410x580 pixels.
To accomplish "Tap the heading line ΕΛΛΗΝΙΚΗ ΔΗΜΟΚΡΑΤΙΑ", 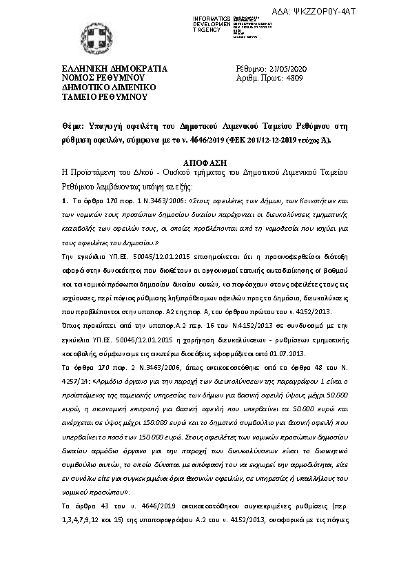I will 114,70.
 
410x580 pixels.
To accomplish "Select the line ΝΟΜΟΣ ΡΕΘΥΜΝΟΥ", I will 103,79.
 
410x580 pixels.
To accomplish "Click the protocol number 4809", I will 294,79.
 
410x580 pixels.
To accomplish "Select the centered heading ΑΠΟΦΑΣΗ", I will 205,158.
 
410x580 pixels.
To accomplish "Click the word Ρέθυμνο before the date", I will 251,70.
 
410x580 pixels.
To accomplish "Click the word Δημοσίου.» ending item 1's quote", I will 120,243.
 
